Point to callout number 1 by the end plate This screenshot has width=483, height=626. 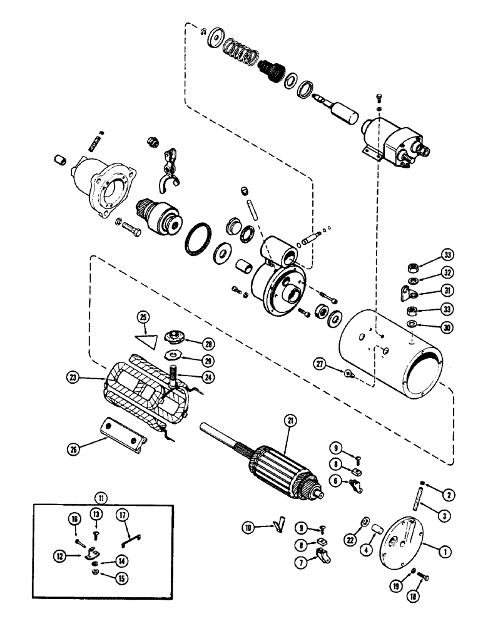coord(445,552)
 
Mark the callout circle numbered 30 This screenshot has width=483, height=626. coord(448,327)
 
